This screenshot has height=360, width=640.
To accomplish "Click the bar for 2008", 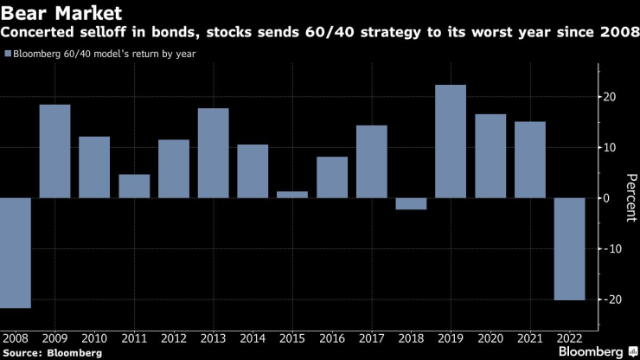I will pyautogui.click(x=16, y=253).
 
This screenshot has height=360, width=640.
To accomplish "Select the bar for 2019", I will pyautogui.click(x=451, y=141).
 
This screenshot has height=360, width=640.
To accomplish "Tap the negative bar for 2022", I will pyautogui.click(x=569, y=249).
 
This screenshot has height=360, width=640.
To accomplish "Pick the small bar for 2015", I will pyautogui.click(x=292, y=195).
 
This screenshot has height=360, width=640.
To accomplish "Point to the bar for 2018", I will pyautogui.click(x=411, y=203).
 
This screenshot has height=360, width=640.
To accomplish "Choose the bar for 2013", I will pyautogui.click(x=213, y=153).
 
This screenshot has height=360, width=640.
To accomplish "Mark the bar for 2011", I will pyautogui.click(x=134, y=186).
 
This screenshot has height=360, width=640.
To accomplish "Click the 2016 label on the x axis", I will pyautogui.click(x=332, y=337).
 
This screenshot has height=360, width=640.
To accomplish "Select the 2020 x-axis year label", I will pyautogui.click(x=490, y=337).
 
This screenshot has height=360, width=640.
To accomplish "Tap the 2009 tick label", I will pyautogui.click(x=55, y=337).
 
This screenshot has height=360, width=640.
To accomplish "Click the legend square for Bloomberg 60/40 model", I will pyautogui.click(x=9, y=54).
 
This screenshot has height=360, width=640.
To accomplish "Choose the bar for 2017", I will pyautogui.click(x=372, y=162).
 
